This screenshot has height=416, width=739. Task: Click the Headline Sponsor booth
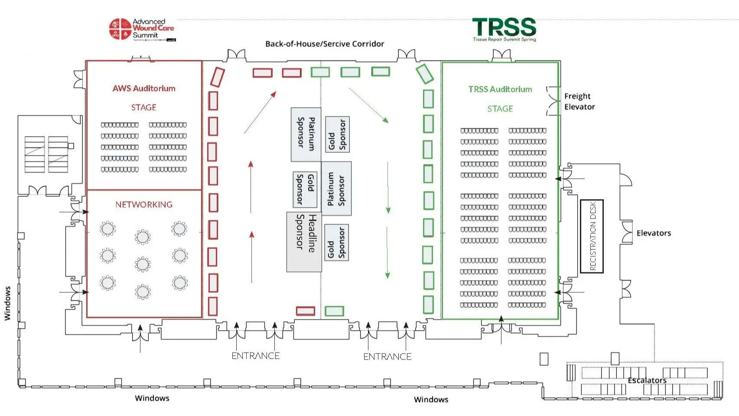(x=304, y=242)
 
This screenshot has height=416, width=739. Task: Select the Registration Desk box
(x=592, y=236)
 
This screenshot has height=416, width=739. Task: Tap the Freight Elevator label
(x=579, y=102)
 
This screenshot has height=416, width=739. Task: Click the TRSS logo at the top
(x=504, y=29)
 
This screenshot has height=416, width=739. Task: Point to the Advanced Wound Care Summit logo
(x=142, y=29)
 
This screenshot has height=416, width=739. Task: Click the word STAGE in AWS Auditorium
(x=143, y=107)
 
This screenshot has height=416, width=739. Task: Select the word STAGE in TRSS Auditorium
(x=500, y=108)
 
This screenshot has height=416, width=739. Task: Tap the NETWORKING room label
(x=143, y=204)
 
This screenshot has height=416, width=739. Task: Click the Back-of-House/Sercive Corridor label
(x=325, y=44)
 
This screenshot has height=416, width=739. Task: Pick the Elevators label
(x=653, y=233)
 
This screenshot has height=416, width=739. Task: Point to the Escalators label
(x=647, y=380)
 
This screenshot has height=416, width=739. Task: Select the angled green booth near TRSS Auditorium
(x=424, y=73)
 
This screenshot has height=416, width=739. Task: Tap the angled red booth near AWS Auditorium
(x=217, y=77)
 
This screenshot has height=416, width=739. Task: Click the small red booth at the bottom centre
(x=306, y=311)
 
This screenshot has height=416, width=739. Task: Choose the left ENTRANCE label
(x=255, y=356)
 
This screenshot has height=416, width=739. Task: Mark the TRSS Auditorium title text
(x=500, y=89)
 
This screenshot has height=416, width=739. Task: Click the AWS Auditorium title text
(x=144, y=88)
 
